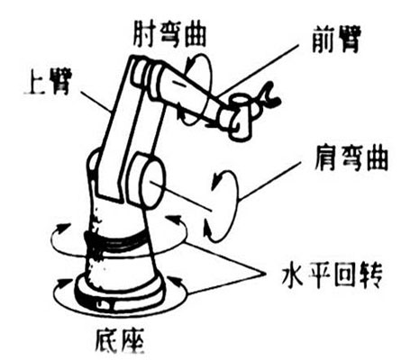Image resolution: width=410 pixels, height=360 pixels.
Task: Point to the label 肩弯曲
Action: tap(351, 158)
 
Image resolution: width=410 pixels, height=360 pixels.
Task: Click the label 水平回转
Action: tap(332, 275)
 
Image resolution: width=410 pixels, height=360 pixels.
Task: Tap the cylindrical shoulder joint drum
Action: tap(149, 181)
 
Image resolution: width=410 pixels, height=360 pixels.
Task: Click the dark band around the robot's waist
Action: tap(117, 242)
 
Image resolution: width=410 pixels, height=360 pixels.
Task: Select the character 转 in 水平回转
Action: tap(370, 275)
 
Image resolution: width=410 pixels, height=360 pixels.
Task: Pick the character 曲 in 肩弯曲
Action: tap(376, 158)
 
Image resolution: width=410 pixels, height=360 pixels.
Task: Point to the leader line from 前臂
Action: tap(259, 71)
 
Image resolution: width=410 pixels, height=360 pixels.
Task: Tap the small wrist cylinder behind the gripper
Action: tap(240, 117)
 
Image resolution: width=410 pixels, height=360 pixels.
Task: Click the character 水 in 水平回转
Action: tap(293, 275)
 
